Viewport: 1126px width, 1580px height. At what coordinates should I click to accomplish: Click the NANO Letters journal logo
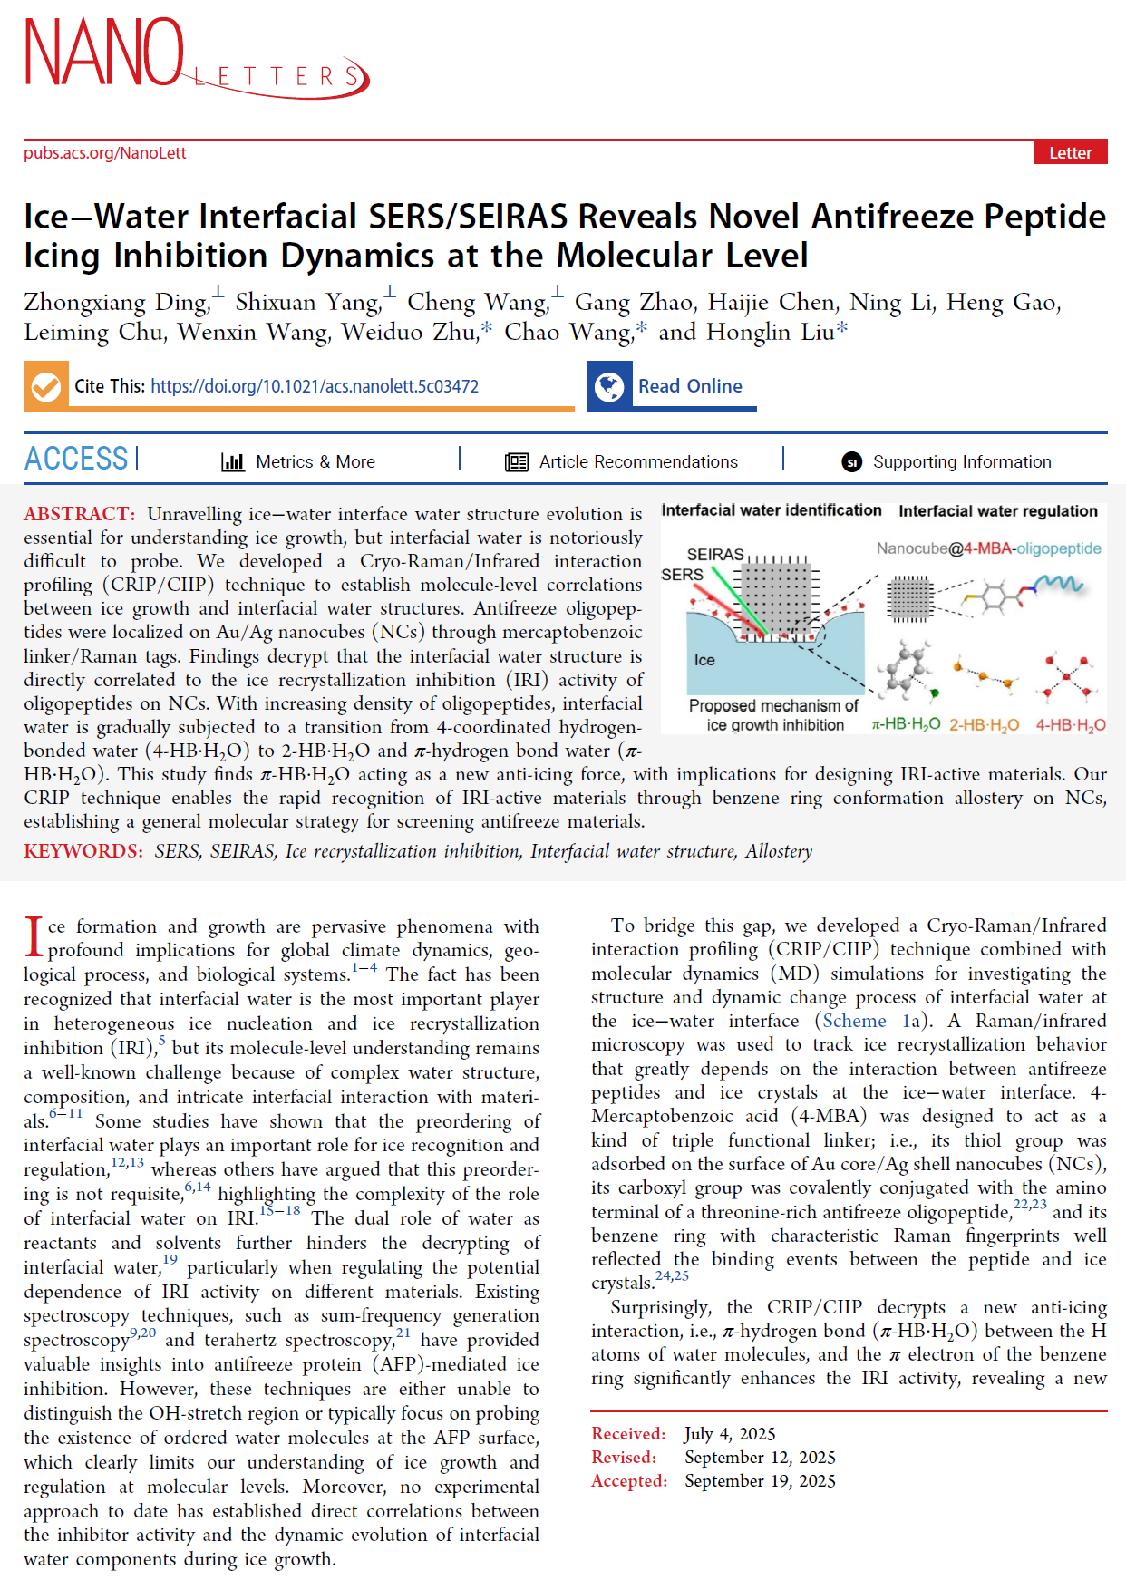coord(195,56)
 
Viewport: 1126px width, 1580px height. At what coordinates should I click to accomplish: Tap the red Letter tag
coord(1070,152)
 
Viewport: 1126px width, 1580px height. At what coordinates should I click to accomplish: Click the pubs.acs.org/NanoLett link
coord(105,153)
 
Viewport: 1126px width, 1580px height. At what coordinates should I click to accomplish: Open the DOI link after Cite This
coord(315,386)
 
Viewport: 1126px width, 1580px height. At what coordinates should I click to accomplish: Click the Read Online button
coord(690,386)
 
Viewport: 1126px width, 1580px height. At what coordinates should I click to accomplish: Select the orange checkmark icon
coord(45,387)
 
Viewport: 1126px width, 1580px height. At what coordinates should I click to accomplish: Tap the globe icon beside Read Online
coord(609,387)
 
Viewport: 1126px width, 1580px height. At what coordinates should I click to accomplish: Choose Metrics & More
coord(315,461)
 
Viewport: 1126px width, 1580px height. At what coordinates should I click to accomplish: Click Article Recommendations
coord(637,461)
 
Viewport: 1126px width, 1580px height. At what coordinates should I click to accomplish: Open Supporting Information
coord(961,461)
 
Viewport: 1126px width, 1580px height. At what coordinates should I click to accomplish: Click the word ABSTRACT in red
coord(79,514)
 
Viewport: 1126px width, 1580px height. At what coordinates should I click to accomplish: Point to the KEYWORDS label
coord(83,851)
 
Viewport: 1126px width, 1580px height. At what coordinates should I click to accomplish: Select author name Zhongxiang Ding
coord(116,302)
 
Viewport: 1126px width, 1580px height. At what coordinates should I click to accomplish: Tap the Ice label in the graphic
coord(704,660)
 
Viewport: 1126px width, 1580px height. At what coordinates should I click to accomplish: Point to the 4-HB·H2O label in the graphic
coord(1071,725)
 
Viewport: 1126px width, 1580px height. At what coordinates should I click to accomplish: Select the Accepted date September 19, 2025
coord(760,1480)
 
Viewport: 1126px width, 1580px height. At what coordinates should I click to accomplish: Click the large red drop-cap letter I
coord(34,936)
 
